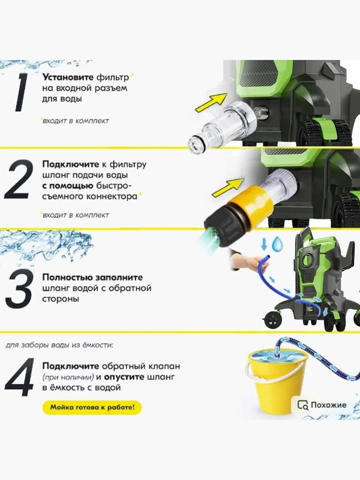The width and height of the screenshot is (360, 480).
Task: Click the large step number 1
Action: point(22,92)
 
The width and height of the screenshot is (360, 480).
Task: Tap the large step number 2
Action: point(18,180)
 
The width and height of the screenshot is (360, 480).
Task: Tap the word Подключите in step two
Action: point(71,164)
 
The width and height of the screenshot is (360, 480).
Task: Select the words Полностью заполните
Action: point(93,277)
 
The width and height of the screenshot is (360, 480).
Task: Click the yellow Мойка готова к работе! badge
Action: point(92,408)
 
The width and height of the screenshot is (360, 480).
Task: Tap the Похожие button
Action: point(322,405)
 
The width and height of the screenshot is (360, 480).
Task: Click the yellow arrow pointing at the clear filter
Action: point(211,103)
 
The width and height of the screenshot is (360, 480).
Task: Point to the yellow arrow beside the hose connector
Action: point(228,187)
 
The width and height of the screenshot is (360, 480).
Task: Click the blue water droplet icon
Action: point(277,244)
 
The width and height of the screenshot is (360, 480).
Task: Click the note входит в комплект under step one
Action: point(75,120)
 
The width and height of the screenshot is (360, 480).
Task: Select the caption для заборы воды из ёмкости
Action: point(60,345)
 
